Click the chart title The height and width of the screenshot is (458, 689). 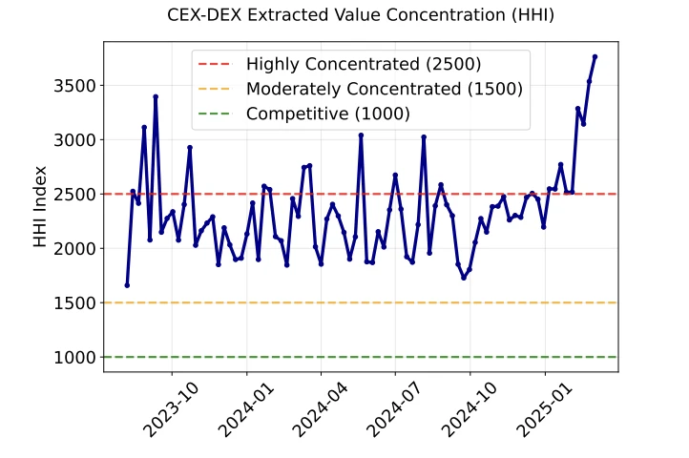click(x=360, y=15)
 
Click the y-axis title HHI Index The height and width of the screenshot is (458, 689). click(x=40, y=207)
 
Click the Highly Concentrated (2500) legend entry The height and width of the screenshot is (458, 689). click(x=364, y=65)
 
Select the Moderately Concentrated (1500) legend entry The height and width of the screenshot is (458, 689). click(x=384, y=89)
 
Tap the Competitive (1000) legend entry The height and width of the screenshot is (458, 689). click(x=327, y=114)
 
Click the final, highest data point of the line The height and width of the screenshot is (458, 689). click(x=595, y=56)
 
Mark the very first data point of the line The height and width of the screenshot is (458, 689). click(x=127, y=285)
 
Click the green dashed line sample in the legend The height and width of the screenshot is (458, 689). click(x=215, y=114)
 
